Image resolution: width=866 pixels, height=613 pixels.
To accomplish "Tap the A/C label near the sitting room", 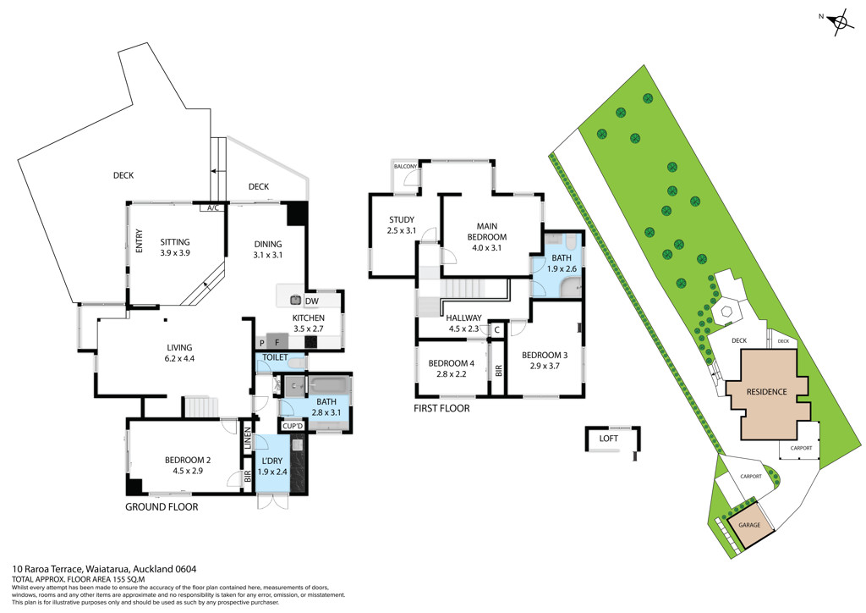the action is click(x=212, y=207).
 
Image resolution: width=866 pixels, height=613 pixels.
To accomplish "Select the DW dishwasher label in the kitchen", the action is click(x=312, y=301).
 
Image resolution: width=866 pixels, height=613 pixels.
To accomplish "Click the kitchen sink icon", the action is click(x=296, y=300).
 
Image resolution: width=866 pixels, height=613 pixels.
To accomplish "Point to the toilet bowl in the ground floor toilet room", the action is click(x=297, y=363).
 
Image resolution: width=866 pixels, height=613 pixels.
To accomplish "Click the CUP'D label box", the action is click(x=293, y=426).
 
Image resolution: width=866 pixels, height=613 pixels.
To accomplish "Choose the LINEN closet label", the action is click(x=248, y=438).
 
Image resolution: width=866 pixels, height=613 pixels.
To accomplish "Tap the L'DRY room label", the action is click(x=271, y=461).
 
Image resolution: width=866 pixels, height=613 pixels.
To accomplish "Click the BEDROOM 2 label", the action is click(x=188, y=460).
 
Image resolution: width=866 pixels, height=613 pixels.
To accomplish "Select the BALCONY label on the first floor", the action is click(x=405, y=167).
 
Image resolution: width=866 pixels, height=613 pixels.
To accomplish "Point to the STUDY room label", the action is click(x=402, y=219).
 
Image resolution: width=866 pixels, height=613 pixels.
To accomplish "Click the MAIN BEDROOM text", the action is click(x=486, y=231).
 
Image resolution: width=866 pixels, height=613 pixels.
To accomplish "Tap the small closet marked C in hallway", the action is click(x=497, y=330).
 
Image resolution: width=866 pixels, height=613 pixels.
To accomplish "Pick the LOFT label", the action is click(x=609, y=439).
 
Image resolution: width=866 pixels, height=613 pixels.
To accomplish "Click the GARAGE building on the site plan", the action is click(x=749, y=525).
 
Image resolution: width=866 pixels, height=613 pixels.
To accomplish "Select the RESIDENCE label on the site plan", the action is click(x=766, y=392).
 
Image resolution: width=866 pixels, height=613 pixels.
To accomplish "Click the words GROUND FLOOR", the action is click(x=162, y=507).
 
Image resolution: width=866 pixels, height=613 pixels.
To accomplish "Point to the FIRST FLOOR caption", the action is click(x=441, y=408).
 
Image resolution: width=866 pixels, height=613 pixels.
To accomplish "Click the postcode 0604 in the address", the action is click(x=186, y=569).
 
